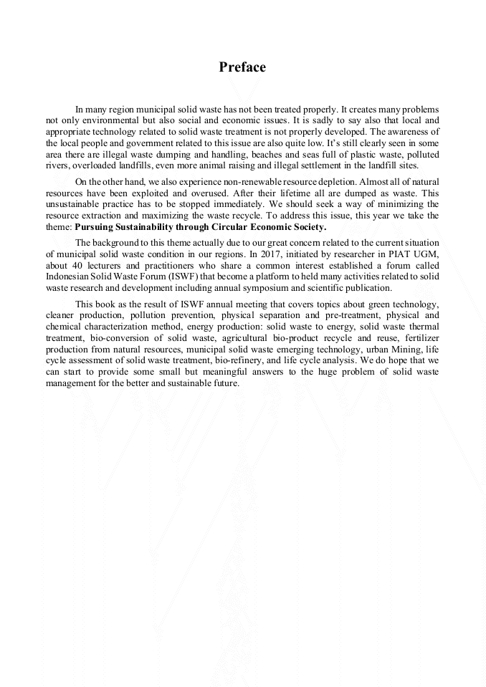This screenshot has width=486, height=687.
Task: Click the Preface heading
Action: [242, 67]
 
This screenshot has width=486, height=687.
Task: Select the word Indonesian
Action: [69, 277]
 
